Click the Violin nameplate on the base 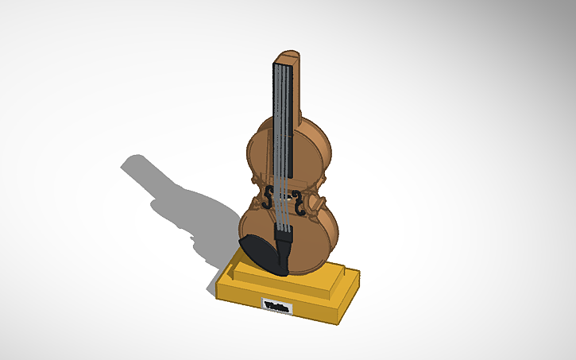tap(276, 305)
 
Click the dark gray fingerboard tap(284, 119)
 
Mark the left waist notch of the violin tap(255, 187)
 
